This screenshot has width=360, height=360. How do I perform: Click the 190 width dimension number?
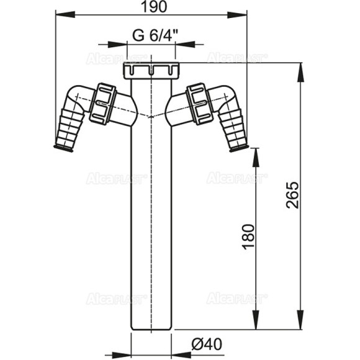154,7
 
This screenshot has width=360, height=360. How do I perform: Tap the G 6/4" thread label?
155,35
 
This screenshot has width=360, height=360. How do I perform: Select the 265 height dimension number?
292,195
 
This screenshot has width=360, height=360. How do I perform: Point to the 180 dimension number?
249,236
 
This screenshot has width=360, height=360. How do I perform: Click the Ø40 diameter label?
207,344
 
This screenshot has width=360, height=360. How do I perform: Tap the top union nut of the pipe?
151,70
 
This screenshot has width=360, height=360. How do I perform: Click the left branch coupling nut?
103,104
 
